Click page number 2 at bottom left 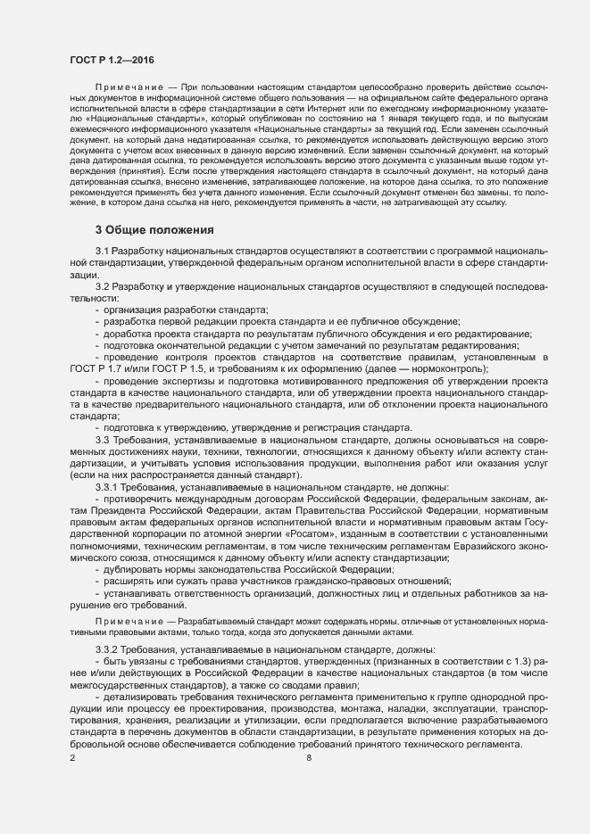point(72,759)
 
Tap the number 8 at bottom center point(309,759)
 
